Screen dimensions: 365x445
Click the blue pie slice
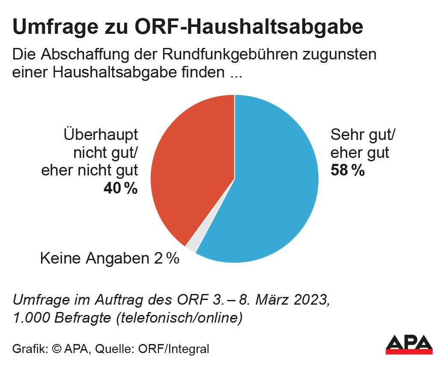tap(274, 184)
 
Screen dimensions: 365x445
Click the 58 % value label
tap(347, 171)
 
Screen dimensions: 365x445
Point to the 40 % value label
tap(121, 188)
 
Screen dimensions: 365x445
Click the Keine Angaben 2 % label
tap(109, 258)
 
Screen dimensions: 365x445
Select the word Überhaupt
tap(101, 135)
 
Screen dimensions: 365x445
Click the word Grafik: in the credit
tap(30, 349)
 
